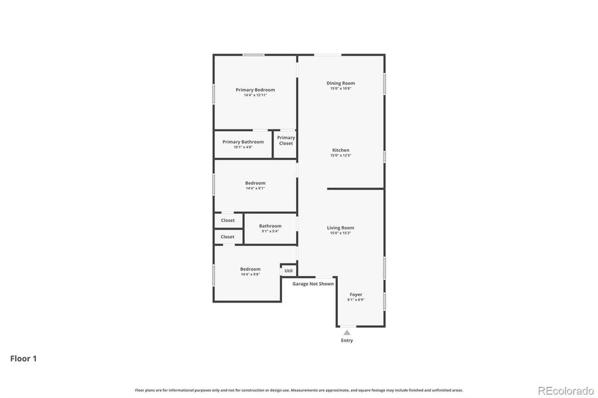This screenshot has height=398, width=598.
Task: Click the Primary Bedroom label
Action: tap(255, 90)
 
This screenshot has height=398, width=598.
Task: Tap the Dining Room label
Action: tap(340, 84)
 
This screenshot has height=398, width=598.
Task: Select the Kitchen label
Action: tap(340, 151)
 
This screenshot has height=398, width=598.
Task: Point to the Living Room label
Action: tap(340, 228)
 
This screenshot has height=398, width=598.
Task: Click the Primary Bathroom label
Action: tap(243, 142)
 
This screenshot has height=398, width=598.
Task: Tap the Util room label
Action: tap(289, 271)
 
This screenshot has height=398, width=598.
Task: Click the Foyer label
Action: tap(356, 295)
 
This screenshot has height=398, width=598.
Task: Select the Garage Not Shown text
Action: tap(313, 284)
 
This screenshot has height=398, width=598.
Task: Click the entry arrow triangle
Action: tap(346, 332)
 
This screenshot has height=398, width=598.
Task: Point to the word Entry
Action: tap(346, 341)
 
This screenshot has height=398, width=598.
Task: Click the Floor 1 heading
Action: tap(23, 359)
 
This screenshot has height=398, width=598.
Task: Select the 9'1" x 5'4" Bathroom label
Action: tap(270, 226)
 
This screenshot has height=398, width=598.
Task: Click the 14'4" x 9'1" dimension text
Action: tap(255, 188)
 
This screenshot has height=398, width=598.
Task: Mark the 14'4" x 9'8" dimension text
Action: tap(250, 275)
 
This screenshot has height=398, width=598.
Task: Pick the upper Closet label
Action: tap(228, 220)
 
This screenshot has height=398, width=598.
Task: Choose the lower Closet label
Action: tap(228, 237)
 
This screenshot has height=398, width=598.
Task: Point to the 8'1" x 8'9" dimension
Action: tap(356, 300)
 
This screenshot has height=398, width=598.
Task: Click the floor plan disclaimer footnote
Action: tap(299, 390)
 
